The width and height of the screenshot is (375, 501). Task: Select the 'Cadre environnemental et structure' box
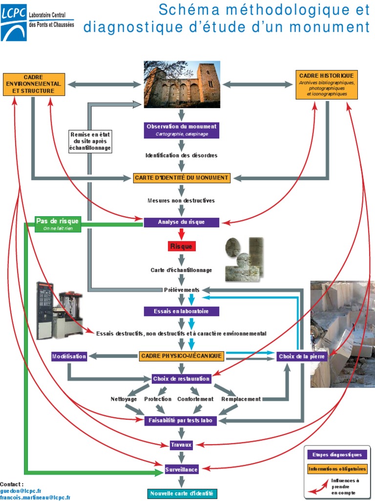pos(33,84)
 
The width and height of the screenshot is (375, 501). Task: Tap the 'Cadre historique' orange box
pos(327,85)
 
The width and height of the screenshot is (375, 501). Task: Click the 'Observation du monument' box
pos(181,130)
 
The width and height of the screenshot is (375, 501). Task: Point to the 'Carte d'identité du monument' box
pos(181,178)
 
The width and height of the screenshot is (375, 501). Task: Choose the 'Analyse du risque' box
pos(181,222)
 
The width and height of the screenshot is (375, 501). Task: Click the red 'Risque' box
pos(181,246)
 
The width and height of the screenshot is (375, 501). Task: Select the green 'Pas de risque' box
pos(58,224)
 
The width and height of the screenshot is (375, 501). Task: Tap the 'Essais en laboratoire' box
pos(181,311)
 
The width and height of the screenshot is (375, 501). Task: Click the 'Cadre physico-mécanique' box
pos(181,356)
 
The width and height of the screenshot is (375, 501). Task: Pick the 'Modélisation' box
pos(69,356)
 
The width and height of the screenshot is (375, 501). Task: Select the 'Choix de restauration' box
pos(181,379)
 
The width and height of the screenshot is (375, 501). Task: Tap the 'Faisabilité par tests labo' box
pos(181,420)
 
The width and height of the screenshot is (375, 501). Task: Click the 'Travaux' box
pos(181,445)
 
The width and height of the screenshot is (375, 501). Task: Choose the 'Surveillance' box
pos(181,470)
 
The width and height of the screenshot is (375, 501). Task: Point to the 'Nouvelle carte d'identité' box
pos(181,493)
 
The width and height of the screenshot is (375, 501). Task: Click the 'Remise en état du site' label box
pos(90,141)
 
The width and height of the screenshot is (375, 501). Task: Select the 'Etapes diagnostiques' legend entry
pos(337,455)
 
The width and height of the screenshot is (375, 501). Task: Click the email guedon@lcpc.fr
pos(21,490)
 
